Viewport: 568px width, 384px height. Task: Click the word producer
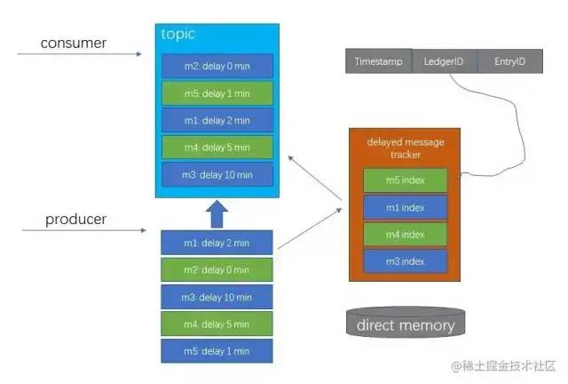(75, 219)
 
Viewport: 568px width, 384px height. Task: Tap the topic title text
(177, 35)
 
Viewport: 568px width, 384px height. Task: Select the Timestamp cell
(378, 61)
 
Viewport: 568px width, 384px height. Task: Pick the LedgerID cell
(443, 61)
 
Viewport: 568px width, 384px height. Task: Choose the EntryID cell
(509, 61)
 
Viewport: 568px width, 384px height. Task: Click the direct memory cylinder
(405, 324)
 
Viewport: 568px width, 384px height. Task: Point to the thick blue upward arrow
(217, 213)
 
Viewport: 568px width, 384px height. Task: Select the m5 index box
(405, 180)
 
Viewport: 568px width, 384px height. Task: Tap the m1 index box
(405, 207)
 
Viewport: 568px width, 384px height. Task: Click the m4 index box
(405, 235)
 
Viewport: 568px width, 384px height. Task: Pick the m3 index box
(405, 261)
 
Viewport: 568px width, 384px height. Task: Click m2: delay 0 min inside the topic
(217, 66)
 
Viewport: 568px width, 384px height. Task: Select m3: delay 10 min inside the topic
(217, 174)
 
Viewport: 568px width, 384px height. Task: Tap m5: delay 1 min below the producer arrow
(217, 350)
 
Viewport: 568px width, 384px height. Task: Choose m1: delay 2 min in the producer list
(217, 243)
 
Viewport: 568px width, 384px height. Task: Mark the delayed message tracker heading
(405, 148)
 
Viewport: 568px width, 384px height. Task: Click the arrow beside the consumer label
(80, 54)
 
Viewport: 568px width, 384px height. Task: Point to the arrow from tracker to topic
(314, 176)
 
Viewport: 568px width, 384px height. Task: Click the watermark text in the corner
(503, 366)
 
